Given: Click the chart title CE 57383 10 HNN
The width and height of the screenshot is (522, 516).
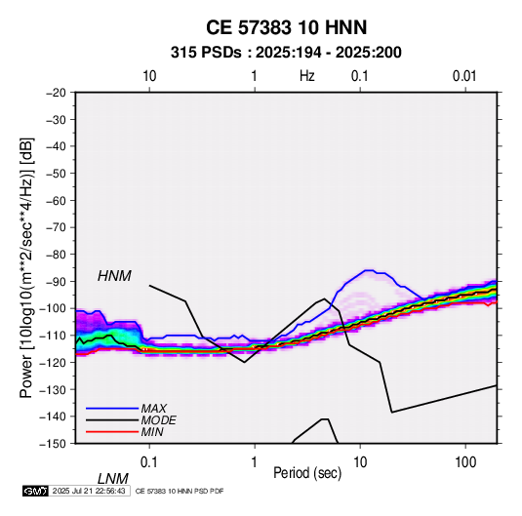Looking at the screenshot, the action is (286, 27).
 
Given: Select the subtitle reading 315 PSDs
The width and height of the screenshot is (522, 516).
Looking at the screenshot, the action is (206, 53).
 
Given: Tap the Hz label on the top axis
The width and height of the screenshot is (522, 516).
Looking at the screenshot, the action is (306, 76).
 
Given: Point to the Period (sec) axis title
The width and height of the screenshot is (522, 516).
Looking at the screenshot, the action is (307, 473).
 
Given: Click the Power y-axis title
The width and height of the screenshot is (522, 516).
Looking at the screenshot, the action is (26, 268).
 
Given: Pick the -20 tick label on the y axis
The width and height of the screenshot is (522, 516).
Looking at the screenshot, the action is (56, 93).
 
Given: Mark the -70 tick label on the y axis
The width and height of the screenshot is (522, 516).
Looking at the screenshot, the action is (56, 227).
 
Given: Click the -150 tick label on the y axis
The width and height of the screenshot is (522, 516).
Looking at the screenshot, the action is (53, 444).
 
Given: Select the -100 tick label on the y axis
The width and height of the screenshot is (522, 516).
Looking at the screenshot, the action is (53, 308).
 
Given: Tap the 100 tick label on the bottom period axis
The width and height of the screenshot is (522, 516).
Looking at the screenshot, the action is (464, 462).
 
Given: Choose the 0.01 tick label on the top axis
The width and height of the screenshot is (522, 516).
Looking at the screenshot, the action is (464, 76).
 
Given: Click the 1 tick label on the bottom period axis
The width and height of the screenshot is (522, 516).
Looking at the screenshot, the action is (255, 462).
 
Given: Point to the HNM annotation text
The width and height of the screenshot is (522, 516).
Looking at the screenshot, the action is (114, 276).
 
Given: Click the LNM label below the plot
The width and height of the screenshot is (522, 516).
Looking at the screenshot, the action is (113, 479).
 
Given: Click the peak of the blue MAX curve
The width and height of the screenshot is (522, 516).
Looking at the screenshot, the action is (369, 270).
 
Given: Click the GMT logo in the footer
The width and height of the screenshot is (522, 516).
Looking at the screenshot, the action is (36, 491).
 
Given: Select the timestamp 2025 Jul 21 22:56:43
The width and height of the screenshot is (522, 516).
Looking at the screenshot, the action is (89, 491).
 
